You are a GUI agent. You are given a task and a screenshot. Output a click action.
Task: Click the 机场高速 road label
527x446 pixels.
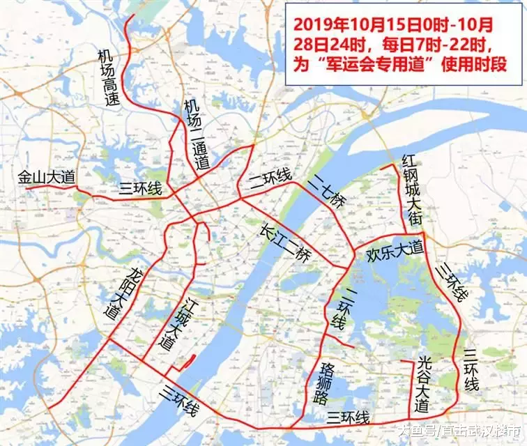click(x=109, y=77)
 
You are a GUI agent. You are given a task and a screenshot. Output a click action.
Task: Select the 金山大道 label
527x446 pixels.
click(x=46, y=178)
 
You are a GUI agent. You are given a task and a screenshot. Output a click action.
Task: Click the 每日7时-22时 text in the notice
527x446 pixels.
click(x=431, y=45)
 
